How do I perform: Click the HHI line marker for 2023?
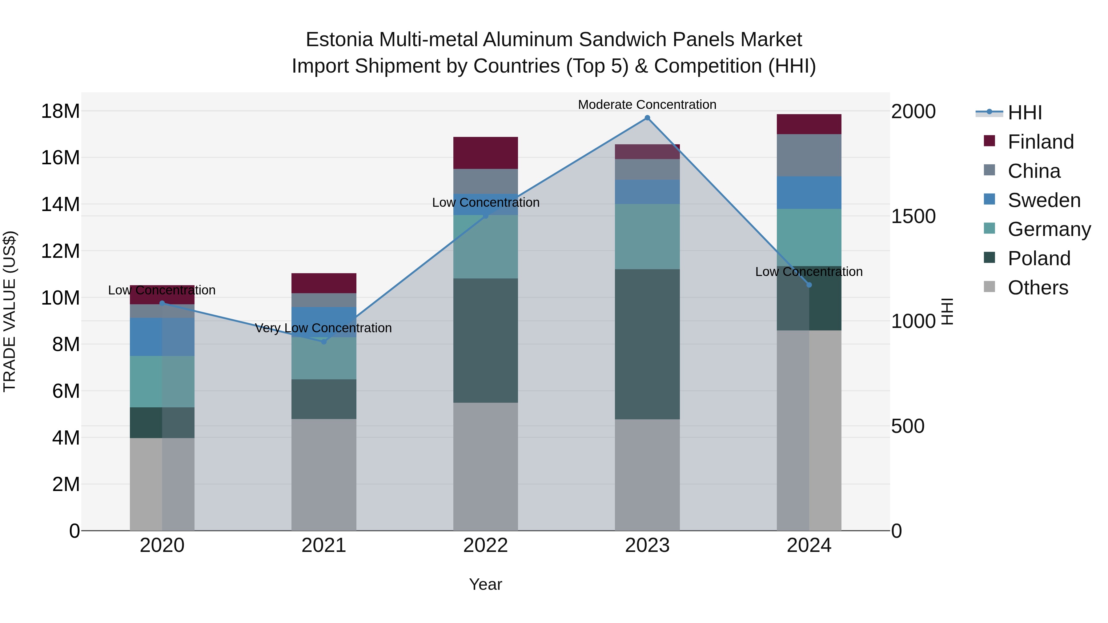pyautogui.click(x=647, y=118)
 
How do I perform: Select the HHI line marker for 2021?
pyautogui.click(x=324, y=342)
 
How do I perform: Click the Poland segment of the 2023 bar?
pyautogui.click(x=647, y=344)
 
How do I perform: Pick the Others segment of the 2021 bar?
pyautogui.click(x=324, y=475)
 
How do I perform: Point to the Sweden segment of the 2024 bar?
pyautogui.click(x=809, y=193)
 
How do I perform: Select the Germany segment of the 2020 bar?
pyautogui.click(x=162, y=381)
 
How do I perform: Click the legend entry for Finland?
pyautogui.click(x=1041, y=142)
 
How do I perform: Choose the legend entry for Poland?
pyautogui.click(x=1039, y=258)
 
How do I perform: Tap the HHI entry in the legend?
pyautogui.click(x=1025, y=113)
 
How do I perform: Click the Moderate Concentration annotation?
pyautogui.click(x=647, y=105)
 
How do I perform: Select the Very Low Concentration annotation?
pyautogui.click(x=323, y=328)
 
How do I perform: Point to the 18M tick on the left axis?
pyautogui.click(x=60, y=111)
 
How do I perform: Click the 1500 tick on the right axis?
pyautogui.click(x=913, y=216)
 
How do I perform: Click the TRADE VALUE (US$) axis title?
pyautogui.click(x=10, y=311)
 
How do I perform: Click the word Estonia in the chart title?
pyautogui.click(x=339, y=40)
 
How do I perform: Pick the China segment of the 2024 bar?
pyautogui.click(x=809, y=155)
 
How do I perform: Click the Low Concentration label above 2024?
pyautogui.click(x=809, y=272)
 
